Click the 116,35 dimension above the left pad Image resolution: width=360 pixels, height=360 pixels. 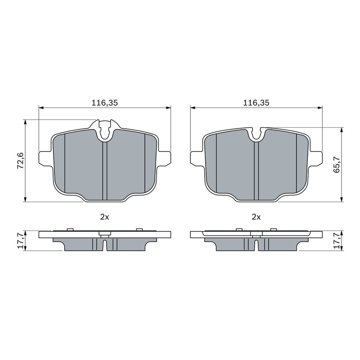[105, 103]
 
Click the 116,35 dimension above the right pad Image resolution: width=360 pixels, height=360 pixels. [256, 103]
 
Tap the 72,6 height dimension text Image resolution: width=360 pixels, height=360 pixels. [20, 161]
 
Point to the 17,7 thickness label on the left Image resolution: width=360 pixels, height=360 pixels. [20, 241]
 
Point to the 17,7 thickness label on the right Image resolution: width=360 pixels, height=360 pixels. [337, 241]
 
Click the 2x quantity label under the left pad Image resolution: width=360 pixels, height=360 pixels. [105, 217]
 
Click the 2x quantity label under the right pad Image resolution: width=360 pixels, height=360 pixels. [256, 217]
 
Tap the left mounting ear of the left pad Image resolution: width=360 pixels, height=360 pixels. [45, 158]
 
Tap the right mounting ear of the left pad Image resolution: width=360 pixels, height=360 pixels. [164, 158]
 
